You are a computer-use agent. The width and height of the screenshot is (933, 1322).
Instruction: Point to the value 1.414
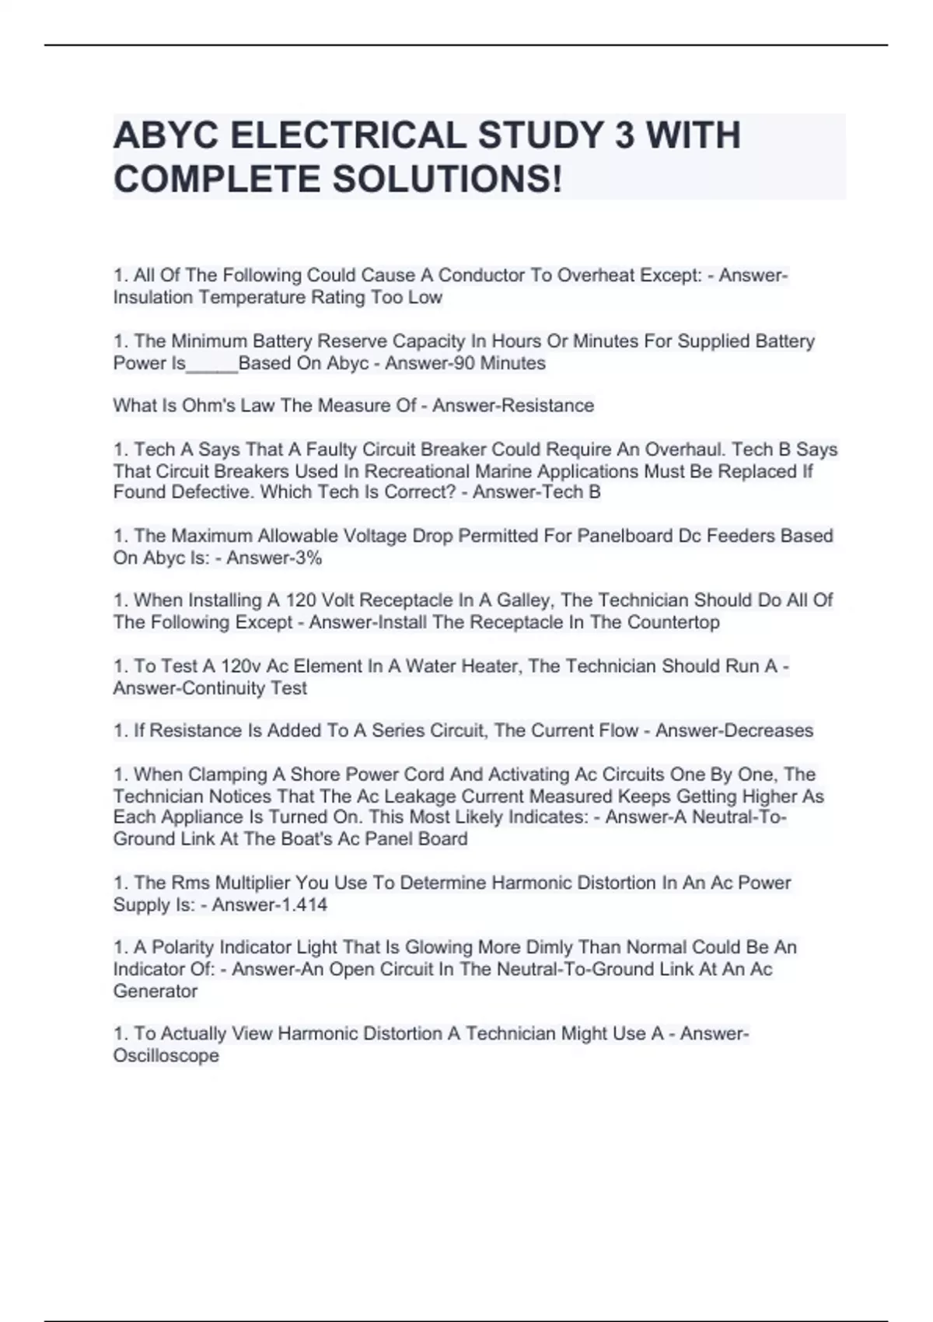(304, 904)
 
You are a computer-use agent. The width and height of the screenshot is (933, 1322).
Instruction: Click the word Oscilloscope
(166, 1056)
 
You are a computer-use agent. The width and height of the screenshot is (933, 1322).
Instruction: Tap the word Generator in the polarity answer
(155, 991)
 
